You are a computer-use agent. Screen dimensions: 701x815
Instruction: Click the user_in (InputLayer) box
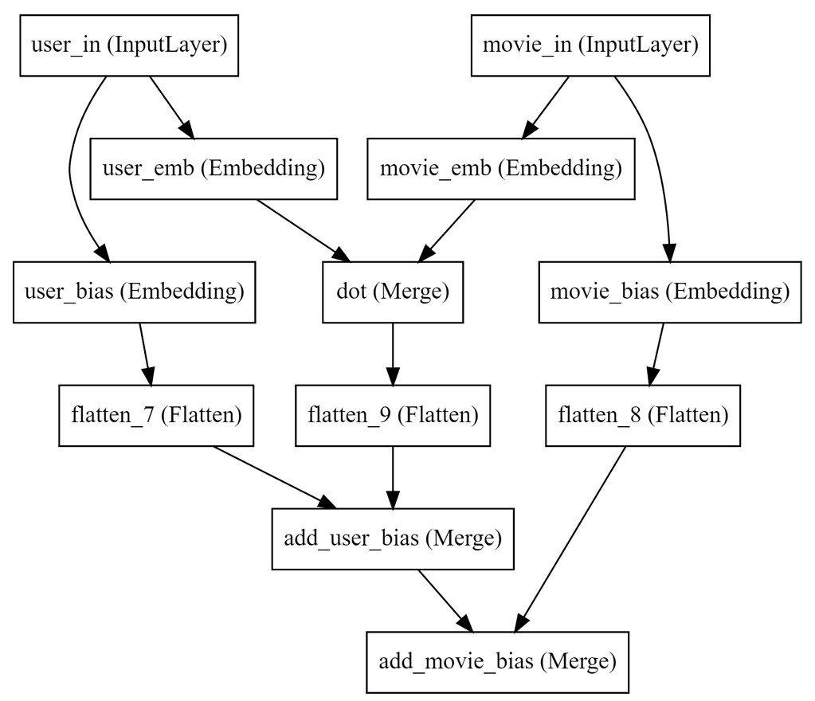[x=129, y=45]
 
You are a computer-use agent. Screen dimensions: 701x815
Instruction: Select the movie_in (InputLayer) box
[x=590, y=45]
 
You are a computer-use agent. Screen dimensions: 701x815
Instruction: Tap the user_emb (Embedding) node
[x=214, y=168]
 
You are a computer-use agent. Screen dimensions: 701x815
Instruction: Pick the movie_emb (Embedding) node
[x=500, y=168]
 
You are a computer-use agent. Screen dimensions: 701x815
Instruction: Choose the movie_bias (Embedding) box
[x=669, y=292]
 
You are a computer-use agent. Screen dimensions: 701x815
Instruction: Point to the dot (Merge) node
[x=392, y=292]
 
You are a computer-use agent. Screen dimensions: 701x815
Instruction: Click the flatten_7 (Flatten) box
[x=156, y=415]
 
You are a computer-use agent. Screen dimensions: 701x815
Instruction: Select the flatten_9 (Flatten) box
[x=393, y=415]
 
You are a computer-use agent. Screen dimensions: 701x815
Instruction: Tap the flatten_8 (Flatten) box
[x=643, y=415]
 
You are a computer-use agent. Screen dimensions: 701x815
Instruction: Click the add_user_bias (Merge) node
[x=392, y=538]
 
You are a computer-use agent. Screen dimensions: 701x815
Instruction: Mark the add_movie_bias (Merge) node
[x=497, y=661]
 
